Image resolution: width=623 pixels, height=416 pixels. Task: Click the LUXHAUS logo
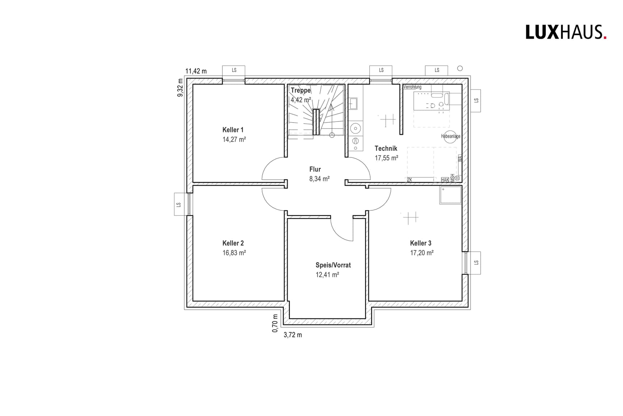click(x=565, y=32)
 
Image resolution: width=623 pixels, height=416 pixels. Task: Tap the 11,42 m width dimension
click(x=196, y=71)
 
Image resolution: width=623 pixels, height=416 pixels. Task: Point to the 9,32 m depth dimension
click(x=180, y=88)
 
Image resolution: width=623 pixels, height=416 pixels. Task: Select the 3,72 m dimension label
click(x=292, y=335)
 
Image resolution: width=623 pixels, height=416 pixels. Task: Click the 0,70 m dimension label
click(x=275, y=323)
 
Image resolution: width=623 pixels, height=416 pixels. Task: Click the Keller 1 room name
click(x=233, y=130)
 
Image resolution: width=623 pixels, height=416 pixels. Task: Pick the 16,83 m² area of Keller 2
click(x=234, y=253)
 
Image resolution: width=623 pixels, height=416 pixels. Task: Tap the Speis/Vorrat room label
click(x=333, y=265)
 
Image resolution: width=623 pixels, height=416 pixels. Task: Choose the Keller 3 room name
click(x=421, y=243)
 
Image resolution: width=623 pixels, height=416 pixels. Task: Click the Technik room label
click(x=386, y=148)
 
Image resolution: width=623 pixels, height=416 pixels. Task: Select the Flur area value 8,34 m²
click(x=319, y=179)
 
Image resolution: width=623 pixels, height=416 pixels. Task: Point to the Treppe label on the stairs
click(x=301, y=90)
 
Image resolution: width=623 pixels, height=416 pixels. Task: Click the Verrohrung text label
click(x=413, y=87)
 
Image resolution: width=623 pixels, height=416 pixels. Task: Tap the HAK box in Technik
click(x=445, y=180)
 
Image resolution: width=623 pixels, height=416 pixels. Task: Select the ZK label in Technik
click(x=410, y=180)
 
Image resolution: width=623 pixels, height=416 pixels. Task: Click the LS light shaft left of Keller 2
click(x=179, y=205)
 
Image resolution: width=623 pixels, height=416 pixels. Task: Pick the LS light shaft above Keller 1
click(x=234, y=70)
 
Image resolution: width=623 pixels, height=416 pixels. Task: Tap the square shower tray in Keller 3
click(x=450, y=195)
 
